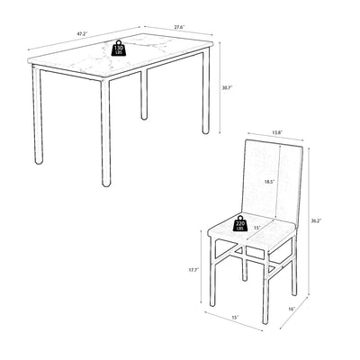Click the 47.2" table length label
[x=81, y=33]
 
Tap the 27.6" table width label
[x=179, y=27]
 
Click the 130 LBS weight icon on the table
[x=119, y=48]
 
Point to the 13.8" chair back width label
[x=277, y=132]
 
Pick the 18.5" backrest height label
[x=269, y=182]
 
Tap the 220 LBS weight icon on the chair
[x=240, y=223]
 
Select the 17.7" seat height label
[x=194, y=270]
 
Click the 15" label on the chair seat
[x=256, y=228]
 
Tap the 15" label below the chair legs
[x=235, y=317]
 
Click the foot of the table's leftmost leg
[x=38, y=161]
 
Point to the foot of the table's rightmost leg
[x=205, y=130]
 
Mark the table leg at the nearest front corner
[x=106, y=132]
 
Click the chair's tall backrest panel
[x=274, y=183]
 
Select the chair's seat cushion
[x=252, y=233]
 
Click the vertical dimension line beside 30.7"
[x=220, y=87]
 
